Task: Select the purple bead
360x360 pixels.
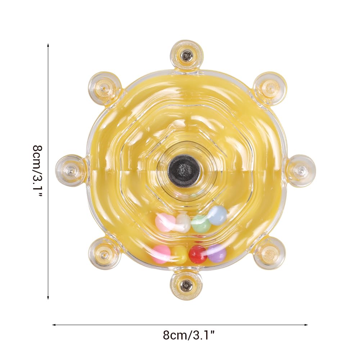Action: click(x=217, y=253)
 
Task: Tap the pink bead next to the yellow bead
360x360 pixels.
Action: click(x=162, y=254)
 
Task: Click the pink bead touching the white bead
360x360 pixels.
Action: click(x=166, y=222)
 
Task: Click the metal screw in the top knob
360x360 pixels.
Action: click(x=186, y=55)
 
